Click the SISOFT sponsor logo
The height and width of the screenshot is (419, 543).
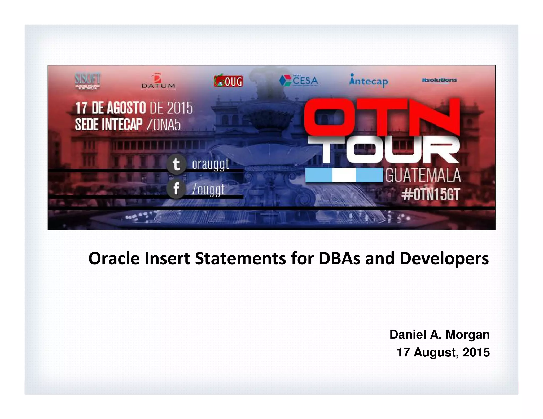(x=87, y=81)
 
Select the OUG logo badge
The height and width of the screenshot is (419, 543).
(x=228, y=81)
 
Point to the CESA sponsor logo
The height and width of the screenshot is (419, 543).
(x=299, y=81)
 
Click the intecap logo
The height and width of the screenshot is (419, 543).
(x=369, y=81)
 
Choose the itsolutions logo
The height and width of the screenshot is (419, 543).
(x=439, y=80)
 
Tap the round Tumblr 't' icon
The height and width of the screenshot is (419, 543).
(x=176, y=164)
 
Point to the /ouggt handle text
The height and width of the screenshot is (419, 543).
(x=209, y=189)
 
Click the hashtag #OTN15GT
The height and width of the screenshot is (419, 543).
(x=431, y=195)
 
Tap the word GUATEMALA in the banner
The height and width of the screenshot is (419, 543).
(x=423, y=176)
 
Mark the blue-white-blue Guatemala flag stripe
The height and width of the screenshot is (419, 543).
(x=344, y=175)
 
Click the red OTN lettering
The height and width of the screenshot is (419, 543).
(x=382, y=117)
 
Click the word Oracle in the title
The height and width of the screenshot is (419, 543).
(x=114, y=258)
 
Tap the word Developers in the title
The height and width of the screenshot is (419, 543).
(x=444, y=259)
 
